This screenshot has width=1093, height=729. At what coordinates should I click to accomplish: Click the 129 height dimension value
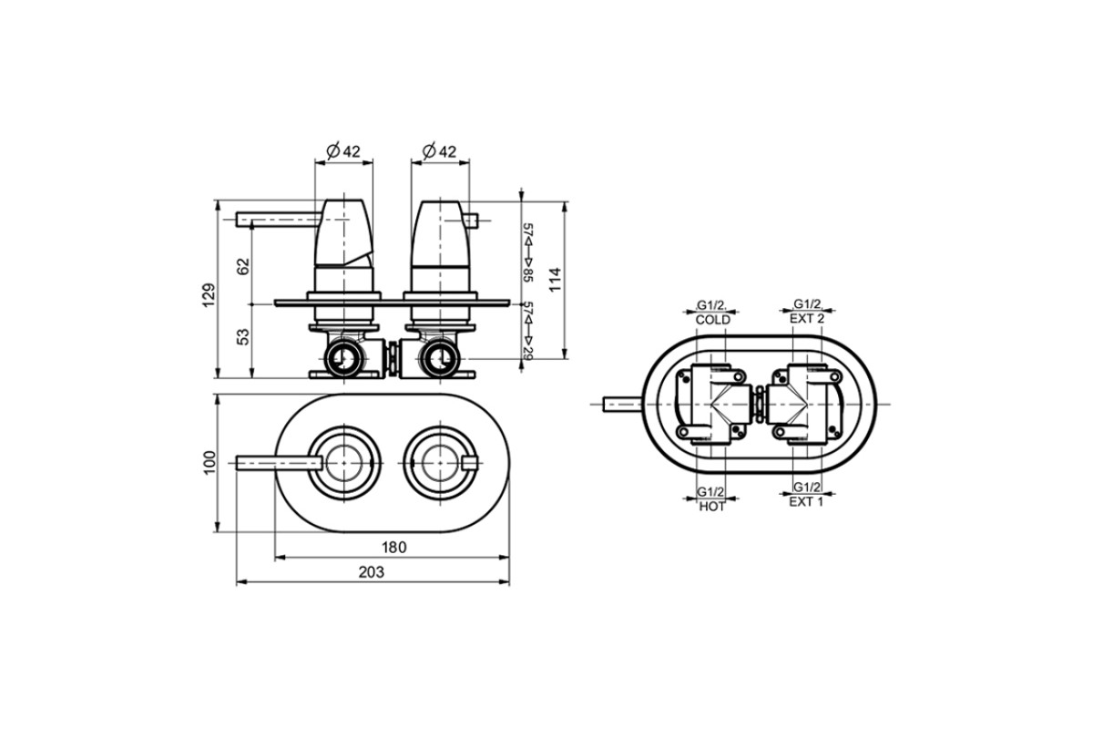tap(209, 295)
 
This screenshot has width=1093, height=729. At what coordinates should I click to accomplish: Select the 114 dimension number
tap(556, 279)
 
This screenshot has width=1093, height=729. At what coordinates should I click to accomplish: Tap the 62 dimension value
tap(243, 266)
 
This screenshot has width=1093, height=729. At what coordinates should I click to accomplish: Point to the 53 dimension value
tap(243, 337)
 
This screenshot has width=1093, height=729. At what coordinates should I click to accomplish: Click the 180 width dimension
tap(393, 548)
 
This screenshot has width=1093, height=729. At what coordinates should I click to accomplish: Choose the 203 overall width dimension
tap(372, 571)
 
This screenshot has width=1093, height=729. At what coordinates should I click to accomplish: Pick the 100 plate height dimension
tap(209, 462)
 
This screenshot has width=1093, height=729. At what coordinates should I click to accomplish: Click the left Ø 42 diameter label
tap(343, 151)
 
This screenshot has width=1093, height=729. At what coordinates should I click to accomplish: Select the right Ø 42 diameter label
tap(439, 151)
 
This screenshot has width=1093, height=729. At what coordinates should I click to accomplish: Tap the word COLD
tap(713, 320)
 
